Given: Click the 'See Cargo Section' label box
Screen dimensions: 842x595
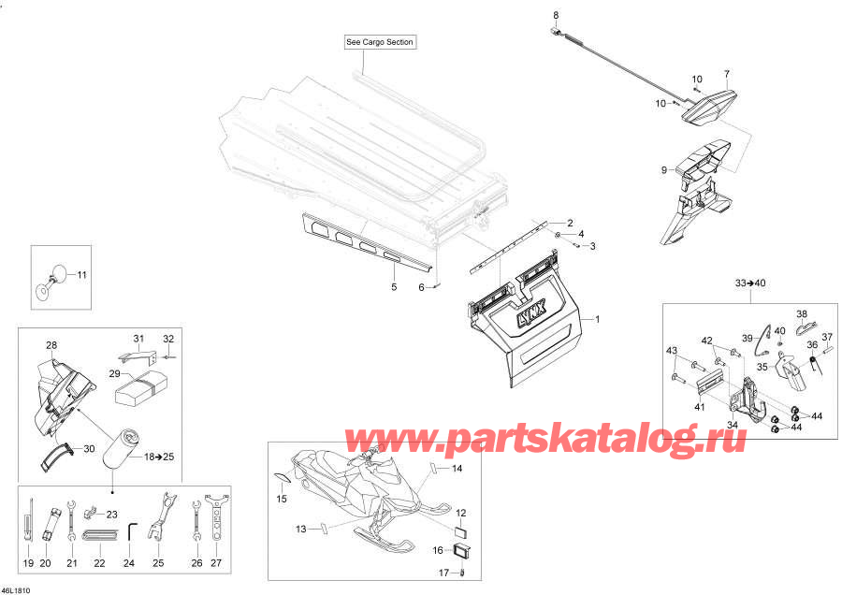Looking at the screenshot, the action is coord(380,42).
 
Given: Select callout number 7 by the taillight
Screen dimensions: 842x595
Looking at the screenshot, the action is coord(727,73).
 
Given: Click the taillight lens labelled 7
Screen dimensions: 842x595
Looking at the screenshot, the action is coord(709,108).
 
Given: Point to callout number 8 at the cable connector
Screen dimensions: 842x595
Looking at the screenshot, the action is coord(556,15).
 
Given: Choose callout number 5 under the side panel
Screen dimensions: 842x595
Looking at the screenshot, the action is coord(394,287).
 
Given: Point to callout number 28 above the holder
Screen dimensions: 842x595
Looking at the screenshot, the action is coord(51,345).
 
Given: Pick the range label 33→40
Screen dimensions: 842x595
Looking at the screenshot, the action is coord(750,283).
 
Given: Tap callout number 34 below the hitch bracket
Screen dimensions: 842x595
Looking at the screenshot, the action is coord(732,425).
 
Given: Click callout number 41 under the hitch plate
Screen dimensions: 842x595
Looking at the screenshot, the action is coord(699,407).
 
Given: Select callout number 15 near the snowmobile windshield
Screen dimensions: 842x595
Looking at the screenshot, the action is coord(282,499).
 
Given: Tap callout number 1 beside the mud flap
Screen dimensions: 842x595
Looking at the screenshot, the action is coord(597,319).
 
